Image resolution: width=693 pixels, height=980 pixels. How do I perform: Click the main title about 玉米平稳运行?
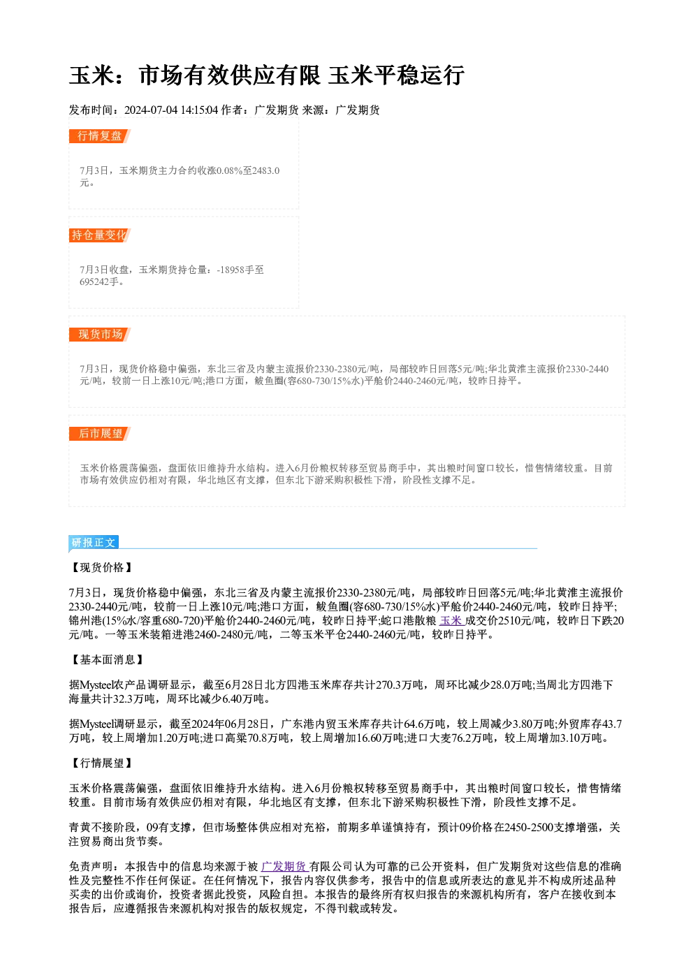click(x=266, y=75)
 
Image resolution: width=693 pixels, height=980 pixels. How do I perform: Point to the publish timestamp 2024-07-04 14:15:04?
click(x=171, y=110)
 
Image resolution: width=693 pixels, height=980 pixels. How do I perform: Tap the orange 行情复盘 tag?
click(x=100, y=136)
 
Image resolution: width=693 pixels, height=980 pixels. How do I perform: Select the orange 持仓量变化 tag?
click(x=100, y=235)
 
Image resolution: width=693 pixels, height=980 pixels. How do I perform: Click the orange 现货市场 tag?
click(x=100, y=335)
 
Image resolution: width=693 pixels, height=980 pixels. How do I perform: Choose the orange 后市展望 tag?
click(x=100, y=434)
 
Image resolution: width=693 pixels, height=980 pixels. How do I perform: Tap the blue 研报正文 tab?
click(x=94, y=543)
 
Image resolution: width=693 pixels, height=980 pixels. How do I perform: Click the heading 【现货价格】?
click(x=101, y=567)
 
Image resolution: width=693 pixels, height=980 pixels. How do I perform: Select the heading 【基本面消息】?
click(x=107, y=660)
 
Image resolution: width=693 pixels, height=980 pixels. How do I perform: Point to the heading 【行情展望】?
click(x=101, y=763)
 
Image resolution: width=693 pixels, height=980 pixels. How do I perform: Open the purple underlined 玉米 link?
click(x=451, y=620)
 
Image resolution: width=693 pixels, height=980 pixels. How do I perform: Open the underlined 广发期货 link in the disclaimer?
click(x=284, y=867)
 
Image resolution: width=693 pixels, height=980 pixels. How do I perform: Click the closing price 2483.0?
click(x=266, y=170)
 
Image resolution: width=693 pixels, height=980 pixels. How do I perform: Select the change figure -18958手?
click(x=240, y=270)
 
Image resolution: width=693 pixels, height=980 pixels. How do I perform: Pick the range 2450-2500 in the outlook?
click(x=529, y=827)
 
